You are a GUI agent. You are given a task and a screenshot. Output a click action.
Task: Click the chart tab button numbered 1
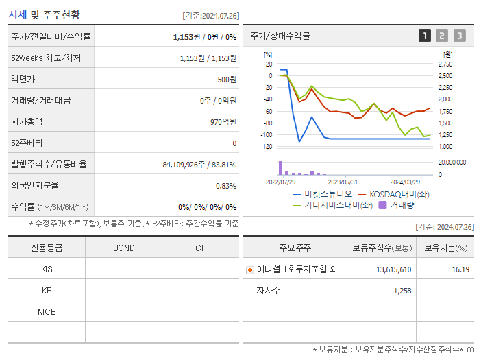pyautogui.click(x=425, y=36)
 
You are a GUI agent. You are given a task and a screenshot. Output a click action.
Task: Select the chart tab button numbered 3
pyautogui.click(x=459, y=36)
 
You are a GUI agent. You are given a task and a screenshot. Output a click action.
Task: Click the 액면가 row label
pyautogui.click(x=23, y=79)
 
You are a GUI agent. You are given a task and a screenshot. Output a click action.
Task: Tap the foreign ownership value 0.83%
pyautogui.click(x=225, y=185)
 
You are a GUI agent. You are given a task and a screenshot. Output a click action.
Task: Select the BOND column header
pyautogui.click(x=123, y=248)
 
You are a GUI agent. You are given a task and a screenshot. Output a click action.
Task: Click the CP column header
pyautogui.click(x=200, y=248)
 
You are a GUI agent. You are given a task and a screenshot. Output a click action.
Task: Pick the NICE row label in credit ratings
pyautogui.click(x=47, y=311)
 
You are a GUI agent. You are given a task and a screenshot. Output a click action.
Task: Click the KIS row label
pyautogui.click(x=47, y=269)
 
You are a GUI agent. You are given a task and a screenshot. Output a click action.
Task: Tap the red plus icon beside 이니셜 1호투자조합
pyautogui.click(x=250, y=270)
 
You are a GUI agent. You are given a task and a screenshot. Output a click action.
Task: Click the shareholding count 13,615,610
pyautogui.click(x=393, y=269)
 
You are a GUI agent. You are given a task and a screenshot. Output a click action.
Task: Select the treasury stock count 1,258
pyautogui.click(x=402, y=291)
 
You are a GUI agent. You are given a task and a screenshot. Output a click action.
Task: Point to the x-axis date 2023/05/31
pyautogui.click(x=343, y=182)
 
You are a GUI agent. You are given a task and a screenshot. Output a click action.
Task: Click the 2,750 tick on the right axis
pyautogui.click(x=445, y=64)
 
